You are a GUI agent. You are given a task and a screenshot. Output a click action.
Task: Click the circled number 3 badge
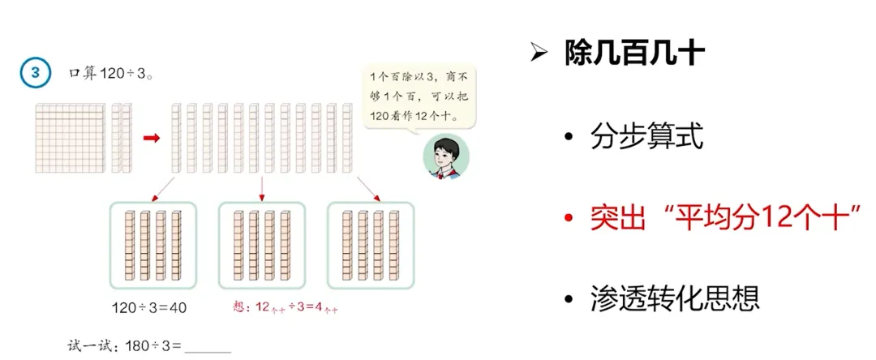coord(35,72)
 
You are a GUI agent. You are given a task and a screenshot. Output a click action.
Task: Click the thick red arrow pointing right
coord(151,138)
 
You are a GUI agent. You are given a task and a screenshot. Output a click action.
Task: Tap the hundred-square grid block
coord(71,137)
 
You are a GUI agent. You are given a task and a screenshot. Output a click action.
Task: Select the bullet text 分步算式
coord(645,137)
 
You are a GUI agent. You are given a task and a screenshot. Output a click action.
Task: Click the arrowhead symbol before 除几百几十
coord(538,54)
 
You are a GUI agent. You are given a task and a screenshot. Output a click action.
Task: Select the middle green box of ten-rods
coord(261,245)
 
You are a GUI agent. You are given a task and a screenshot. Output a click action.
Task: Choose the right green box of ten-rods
coord(370,245)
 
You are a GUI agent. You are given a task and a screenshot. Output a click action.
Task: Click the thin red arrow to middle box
coord(261,188)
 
